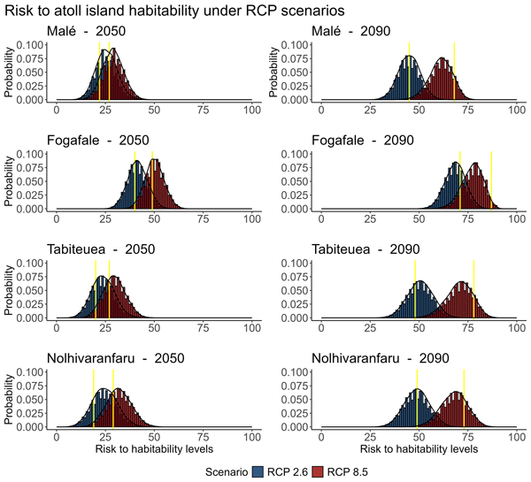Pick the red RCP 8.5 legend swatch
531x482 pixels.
[329, 471]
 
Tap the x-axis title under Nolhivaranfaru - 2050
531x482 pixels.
[154, 449]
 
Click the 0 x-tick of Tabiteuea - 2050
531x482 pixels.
[58, 327]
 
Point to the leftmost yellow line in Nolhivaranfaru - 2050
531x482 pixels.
[94, 398]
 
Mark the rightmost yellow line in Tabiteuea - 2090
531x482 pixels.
[473, 289]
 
